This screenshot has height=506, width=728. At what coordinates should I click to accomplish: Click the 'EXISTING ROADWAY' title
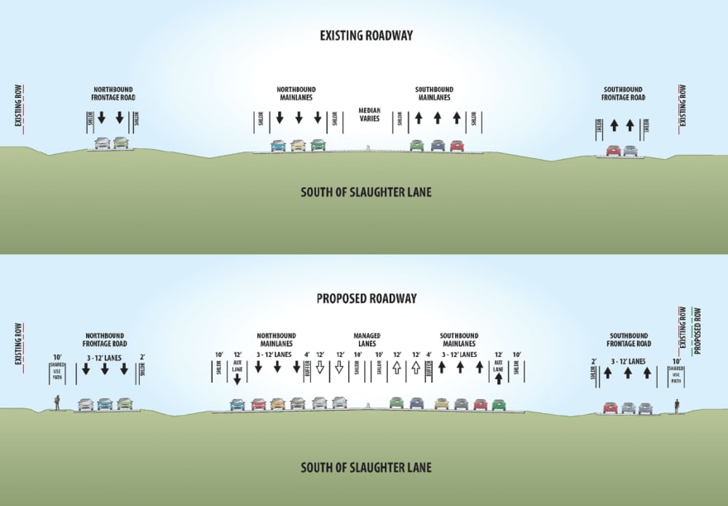pyautogui.click(x=366, y=36)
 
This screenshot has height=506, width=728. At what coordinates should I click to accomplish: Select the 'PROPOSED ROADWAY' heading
pyautogui.click(x=366, y=298)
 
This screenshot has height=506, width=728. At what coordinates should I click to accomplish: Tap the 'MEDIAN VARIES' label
pyautogui.click(x=368, y=114)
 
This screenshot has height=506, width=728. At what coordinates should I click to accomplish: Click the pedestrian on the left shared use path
pyautogui.click(x=57, y=403)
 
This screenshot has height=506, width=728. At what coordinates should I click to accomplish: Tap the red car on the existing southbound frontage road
pyautogui.click(x=613, y=151)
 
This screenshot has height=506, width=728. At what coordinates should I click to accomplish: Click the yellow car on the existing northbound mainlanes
pyautogui.click(x=298, y=146)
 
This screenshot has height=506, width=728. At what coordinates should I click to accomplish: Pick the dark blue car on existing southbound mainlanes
pyautogui.click(x=438, y=146)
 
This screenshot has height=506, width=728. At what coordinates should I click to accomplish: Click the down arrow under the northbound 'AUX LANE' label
pyautogui.click(x=237, y=379)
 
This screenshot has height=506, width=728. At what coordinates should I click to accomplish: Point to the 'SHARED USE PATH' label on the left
pyautogui.click(x=57, y=370)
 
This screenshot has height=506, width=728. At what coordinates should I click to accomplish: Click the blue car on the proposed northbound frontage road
pyautogui.click(x=104, y=404)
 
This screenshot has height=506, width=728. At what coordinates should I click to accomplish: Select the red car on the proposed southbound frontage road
pyautogui.click(x=611, y=407)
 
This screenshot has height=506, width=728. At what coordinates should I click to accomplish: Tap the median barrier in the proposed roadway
pyautogui.click(x=366, y=406)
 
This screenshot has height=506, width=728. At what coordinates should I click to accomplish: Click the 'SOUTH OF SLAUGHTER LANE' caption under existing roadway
pyautogui.click(x=366, y=193)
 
